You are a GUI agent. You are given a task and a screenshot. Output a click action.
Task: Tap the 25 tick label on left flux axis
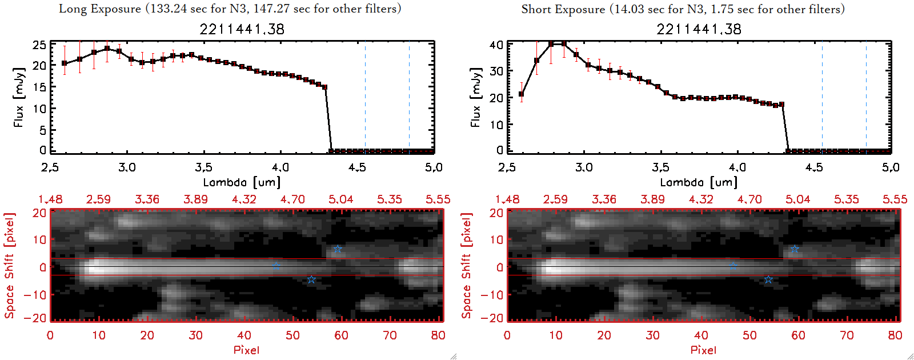pos(39,45)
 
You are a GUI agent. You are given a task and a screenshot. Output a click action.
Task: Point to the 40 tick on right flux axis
pos(496,45)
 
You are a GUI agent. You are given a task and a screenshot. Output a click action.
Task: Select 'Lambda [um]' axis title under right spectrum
pos(699,182)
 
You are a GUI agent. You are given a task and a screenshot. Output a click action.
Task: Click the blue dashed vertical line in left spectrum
pos(409,97)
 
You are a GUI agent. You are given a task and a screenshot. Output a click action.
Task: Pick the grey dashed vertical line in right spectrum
pos(822,97)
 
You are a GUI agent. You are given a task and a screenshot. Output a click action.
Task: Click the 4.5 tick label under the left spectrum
pos(357,167)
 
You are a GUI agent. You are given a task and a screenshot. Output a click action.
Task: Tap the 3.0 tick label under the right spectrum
pos(584,167)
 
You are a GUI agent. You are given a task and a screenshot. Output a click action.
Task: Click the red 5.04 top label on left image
pos(341,199)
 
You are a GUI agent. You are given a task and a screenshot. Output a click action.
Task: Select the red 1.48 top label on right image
pos(507,199)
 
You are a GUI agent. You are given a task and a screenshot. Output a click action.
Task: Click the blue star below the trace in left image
pos(311,279)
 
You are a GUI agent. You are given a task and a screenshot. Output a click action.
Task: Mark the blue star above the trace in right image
pos(795,249)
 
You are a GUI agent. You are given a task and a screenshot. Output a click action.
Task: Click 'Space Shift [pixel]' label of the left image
pos(9,266)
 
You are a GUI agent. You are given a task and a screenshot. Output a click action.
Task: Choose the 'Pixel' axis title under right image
pos(703,350)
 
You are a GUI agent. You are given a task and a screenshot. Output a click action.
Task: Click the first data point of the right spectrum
pos(521,94)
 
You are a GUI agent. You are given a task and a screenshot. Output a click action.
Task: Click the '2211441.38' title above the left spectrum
pos(242,29)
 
